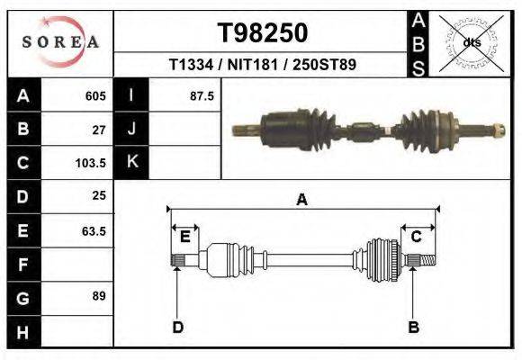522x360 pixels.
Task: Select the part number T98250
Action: [x=263, y=33]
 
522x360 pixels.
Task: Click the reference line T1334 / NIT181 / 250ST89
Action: [x=262, y=66]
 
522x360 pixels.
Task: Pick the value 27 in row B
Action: [x=99, y=130]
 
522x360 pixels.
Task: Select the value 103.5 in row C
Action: [x=92, y=164]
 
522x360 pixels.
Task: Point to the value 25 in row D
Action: [x=99, y=196]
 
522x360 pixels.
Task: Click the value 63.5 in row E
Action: [x=94, y=230]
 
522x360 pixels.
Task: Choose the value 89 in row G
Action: [x=99, y=295]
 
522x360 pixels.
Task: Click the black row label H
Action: [x=22, y=331]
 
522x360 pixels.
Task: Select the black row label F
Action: [x=22, y=265]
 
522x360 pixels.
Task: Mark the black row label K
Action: [x=131, y=163]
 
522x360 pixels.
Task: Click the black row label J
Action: [x=131, y=130]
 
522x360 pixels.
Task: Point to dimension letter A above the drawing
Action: [x=301, y=201]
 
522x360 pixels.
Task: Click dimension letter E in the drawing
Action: [x=184, y=237]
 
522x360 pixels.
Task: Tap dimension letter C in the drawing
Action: [x=417, y=237]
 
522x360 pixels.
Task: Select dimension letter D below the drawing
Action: [x=177, y=327]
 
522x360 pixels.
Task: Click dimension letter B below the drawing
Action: [x=413, y=327]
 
